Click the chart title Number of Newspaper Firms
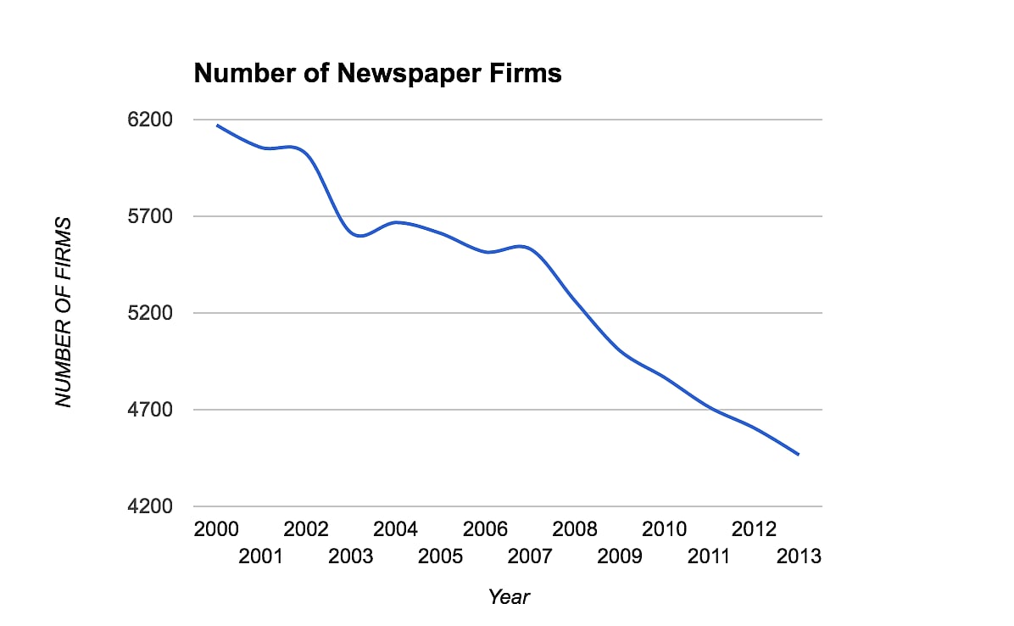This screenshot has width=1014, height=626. (x=377, y=74)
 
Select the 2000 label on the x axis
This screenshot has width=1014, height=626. (x=216, y=530)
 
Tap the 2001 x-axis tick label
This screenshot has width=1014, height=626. (x=261, y=557)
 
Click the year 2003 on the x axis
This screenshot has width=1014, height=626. (x=351, y=557)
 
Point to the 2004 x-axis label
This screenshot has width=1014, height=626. (x=395, y=530)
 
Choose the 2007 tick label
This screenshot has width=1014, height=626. (x=530, y=557)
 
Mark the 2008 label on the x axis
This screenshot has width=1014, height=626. (x=575, y=530)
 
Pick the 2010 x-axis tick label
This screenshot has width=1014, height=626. (x=664, y=530)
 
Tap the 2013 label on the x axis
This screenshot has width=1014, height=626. (x=799, y=557)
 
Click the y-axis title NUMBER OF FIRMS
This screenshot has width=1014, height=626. (x=64, y=312)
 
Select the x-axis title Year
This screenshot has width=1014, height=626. (x=509, y=597)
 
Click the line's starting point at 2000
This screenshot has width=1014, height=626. (x=217, y=125)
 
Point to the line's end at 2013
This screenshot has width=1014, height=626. (x=799, y=456)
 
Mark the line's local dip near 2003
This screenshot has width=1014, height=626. (x=359, y=236)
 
